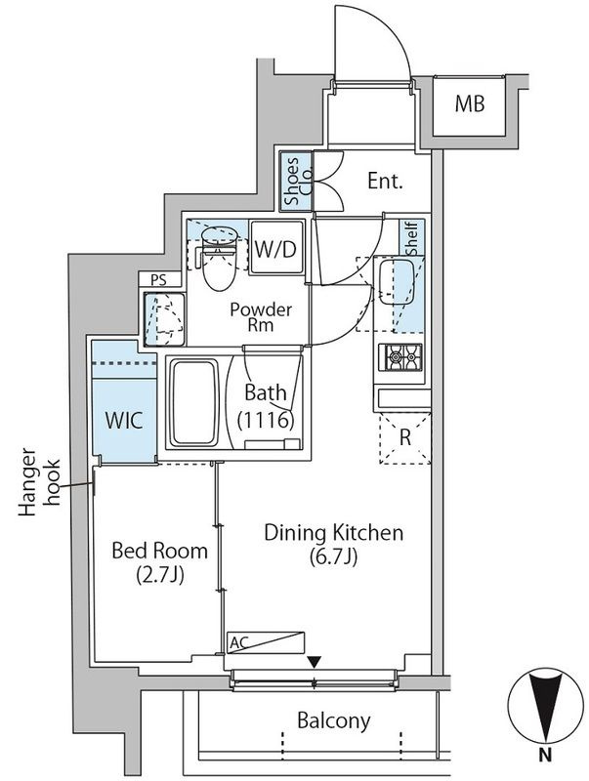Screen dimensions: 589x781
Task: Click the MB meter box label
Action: [x=470, y=103]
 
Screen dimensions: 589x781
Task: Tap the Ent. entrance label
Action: [x=385, y=181]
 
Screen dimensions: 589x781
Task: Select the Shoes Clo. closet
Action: [x=296, y=181]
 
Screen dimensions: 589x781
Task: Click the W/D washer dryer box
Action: [x=276, y=247]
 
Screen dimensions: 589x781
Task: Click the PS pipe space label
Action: [x=158, y=280]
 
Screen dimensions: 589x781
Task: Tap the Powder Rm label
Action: [x=261, y=316]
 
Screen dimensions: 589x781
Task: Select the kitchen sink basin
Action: [x=396, y=282]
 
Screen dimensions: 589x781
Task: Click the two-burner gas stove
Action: [x=400, y=357]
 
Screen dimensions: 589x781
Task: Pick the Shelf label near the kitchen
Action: [x=412, y=238]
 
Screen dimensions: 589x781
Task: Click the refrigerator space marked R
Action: [x=404, y=437]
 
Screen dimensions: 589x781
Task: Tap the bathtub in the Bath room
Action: [x=194, y=403]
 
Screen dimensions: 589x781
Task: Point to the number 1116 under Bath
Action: [x=265, y=421]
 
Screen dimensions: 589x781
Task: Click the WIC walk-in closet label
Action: [x=124, y=421]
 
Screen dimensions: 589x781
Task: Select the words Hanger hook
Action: [x=40, y=481]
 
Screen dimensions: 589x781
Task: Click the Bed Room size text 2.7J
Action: [x=159, y=575]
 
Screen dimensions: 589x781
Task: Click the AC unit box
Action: [x=265, y=642]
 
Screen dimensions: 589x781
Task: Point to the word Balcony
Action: [x=334, y=720]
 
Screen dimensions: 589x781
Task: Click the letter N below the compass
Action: [x=545, y=755]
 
